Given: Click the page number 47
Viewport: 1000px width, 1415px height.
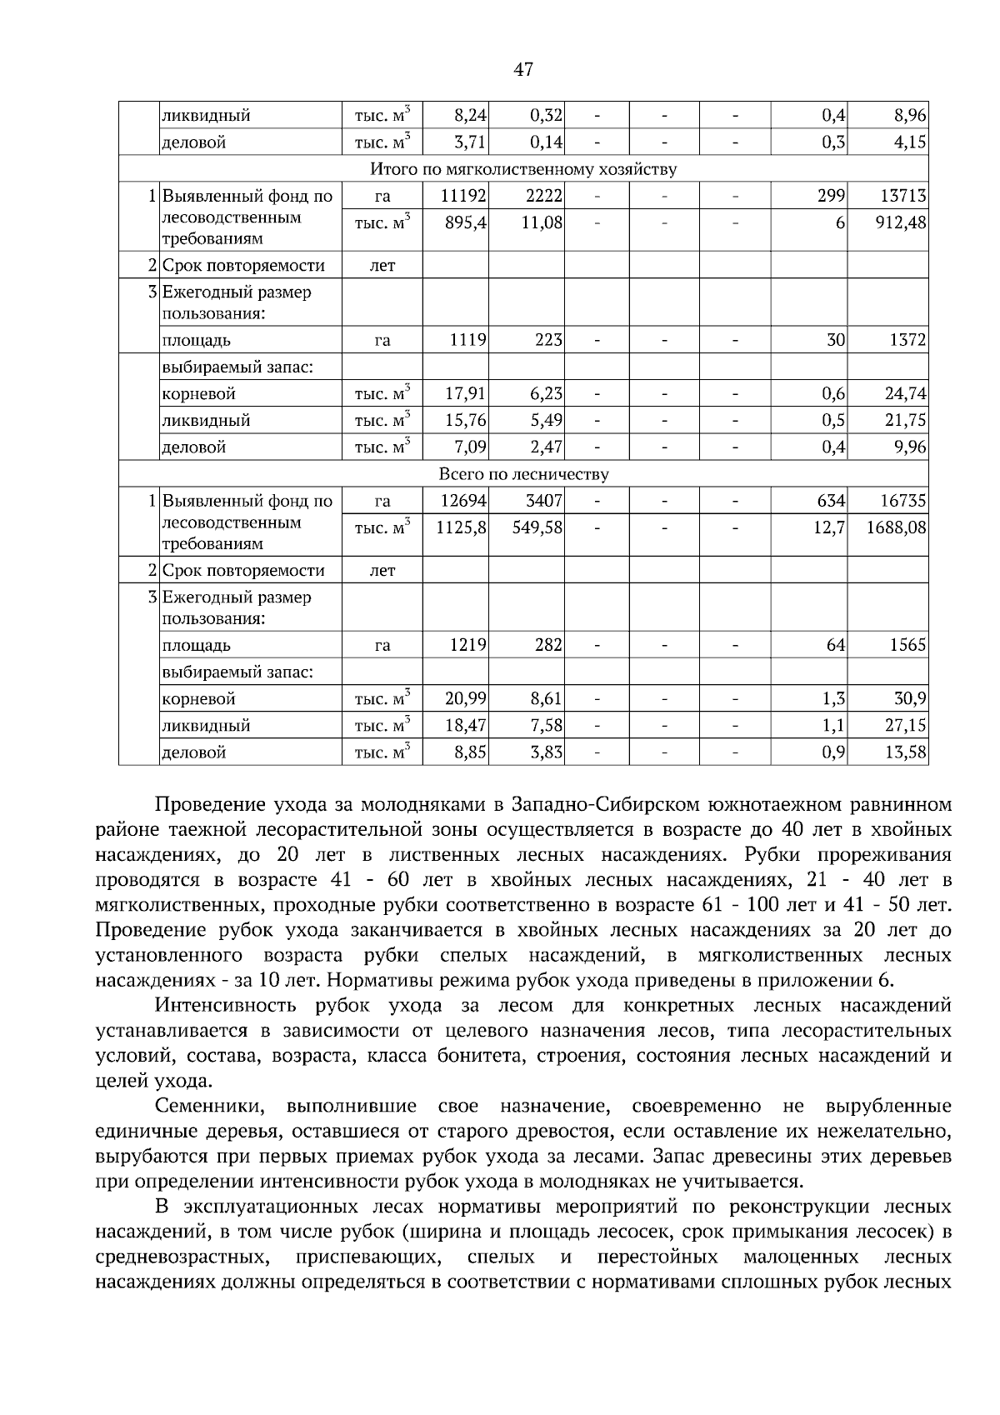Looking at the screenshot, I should tap(523, 70).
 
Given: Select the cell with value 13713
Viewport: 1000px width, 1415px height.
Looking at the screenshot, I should tap(903, 197).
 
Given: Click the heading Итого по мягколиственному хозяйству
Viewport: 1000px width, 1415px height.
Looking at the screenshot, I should tap(523, 170).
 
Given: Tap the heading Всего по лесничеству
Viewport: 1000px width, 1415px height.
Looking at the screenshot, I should tap(523, 475).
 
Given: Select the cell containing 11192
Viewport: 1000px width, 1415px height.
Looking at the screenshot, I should tap(463, 197).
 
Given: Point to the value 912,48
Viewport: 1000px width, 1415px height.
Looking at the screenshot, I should tap(901, 222).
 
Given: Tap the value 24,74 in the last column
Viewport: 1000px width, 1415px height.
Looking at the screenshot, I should tap(906, 393).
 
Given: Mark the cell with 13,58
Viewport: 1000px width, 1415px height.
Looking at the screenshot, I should tap(907, 752).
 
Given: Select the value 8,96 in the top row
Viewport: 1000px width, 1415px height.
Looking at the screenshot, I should tap(910, 115).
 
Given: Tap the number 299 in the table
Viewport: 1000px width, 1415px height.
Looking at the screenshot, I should tap(832, 197).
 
